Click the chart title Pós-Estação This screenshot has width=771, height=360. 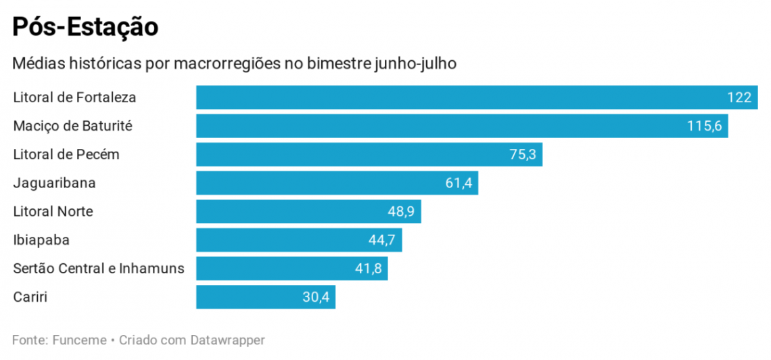click(85, 27)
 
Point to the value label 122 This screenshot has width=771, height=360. click(739, 97)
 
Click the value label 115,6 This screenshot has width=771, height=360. click(704, 126)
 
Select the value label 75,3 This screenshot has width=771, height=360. click(522, 154)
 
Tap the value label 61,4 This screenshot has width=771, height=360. click(458, 183)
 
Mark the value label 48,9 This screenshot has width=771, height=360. click(401, 212)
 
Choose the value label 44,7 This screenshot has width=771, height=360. click(382, 240)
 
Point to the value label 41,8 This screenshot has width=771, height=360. click(368, 269)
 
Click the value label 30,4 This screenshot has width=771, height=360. click(315, 297)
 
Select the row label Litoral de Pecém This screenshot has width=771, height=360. click(66, 154)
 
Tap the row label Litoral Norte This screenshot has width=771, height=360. click(53, 212)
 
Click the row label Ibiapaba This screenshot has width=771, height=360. click(41, 240)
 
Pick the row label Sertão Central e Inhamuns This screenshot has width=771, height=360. click(99, 269)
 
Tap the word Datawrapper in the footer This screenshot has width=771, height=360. click(227, 340)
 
